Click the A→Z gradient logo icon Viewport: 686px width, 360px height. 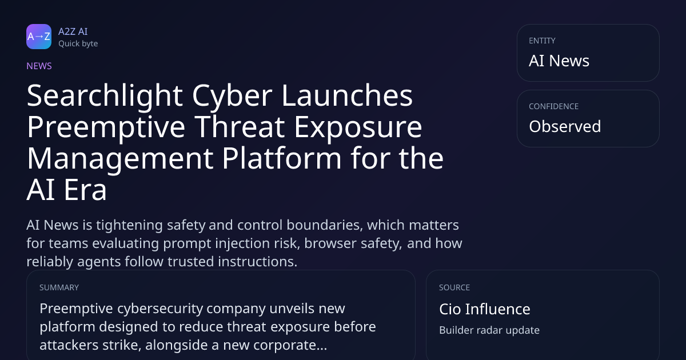point(39,37)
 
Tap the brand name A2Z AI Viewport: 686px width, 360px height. point(73,31)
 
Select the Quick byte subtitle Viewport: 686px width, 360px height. point(78,44)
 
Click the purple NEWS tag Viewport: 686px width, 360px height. point(39,66)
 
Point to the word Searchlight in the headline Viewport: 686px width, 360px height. point(105,97)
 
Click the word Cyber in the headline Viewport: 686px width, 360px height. point(233,97)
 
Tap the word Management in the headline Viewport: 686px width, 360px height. point(120,159)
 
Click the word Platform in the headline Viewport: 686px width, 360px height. point(282,159)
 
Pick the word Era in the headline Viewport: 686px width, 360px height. point(85,190)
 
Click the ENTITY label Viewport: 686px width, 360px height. point(542,41)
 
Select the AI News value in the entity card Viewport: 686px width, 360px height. point(559,61)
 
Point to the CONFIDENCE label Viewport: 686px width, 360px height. point(554,106)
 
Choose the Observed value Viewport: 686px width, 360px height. point(565,126)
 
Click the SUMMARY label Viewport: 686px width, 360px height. point(59,287)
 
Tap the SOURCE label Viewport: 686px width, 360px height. point(454,287)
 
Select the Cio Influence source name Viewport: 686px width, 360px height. point(485,309)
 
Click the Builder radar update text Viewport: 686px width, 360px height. point(489,330)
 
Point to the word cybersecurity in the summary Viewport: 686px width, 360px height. point(160,309)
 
